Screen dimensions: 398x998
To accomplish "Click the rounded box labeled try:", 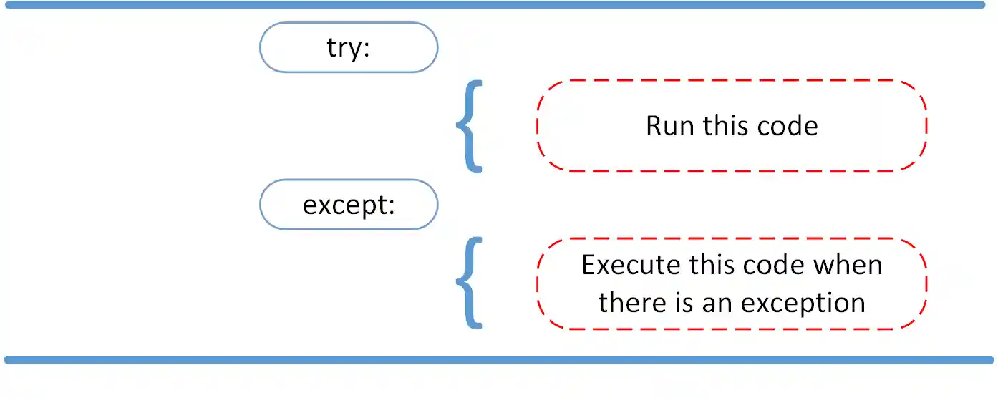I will click(348, 47).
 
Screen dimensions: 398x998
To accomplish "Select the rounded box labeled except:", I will click(348, 205).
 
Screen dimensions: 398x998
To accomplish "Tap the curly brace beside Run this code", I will click(469, 126).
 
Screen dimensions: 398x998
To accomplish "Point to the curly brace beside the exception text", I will click(469, 283).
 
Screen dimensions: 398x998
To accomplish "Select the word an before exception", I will click(719, 303).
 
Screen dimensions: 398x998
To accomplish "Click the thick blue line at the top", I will click(499, 5).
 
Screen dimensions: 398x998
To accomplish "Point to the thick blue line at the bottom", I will click(499, 359).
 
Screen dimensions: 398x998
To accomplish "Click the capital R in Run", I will click(654, 127).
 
